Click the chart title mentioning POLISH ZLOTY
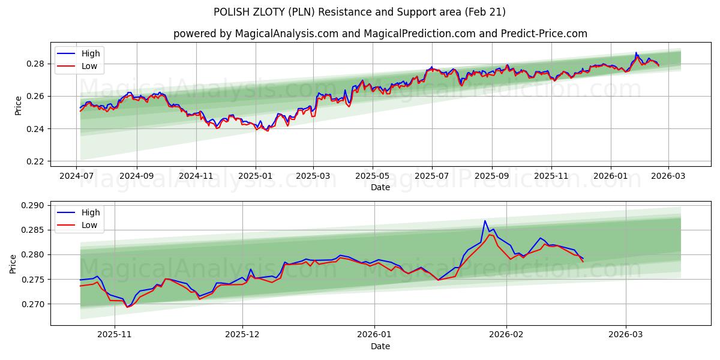pyautogui.click(x=359, y=12)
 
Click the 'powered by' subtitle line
pyautogui.click(x=380, y=34)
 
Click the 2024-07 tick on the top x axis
pyautogui.click(x=77, y=176)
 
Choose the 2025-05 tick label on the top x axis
pyautogui.click(x=373, y=176)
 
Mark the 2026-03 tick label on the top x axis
pyautogui.click(x=668, y=176)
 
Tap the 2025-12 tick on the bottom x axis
pyautogui.click(x=243, y=335)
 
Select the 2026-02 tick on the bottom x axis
pyautogui.click(x=506, y=335)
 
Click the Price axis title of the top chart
pyautogui.click(x=18, y=105)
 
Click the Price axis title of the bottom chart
pyautogui.click(x=13, y=263)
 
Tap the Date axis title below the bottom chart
pyautogui.click(x=380, y=346)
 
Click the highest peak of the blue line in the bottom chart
pyautogui.click(x=485, y=221)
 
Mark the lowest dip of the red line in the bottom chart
pyautogui.click(x=127, y=307)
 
